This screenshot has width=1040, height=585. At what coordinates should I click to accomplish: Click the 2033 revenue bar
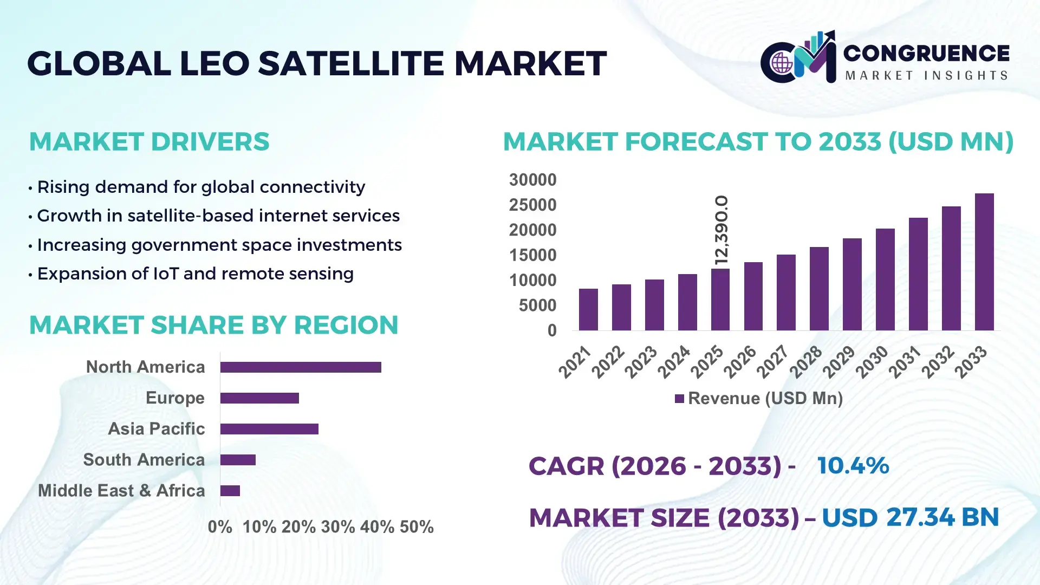[x=984, y=262]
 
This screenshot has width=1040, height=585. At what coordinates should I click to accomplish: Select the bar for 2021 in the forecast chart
[x=588, y=310]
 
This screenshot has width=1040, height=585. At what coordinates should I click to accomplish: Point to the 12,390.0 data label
[x=721, y=230]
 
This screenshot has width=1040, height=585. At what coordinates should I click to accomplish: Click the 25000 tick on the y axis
[x=532, y=205]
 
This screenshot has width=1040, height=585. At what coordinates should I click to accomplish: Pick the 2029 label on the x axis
[x=839, y=362]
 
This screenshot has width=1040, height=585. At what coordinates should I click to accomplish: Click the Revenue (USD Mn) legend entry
[x=758, y=399]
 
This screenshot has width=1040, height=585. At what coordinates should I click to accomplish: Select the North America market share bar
[x=301, y=367]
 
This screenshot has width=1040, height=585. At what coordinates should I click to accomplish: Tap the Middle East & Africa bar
[x=230, y=491]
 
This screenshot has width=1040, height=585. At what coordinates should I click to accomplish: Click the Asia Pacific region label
[x=156, y=429]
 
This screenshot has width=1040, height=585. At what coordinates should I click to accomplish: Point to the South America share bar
[x=238, y=460]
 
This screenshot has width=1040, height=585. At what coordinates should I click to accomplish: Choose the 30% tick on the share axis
[x=338, y=527]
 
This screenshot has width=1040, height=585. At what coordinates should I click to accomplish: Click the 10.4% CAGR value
[x=853, y=466]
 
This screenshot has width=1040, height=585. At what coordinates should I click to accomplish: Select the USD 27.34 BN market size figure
[x=910, y=517]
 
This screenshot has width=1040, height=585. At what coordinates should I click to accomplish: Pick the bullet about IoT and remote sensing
[x=195, y=274]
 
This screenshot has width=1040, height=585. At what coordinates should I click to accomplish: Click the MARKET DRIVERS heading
[x=149, y=142]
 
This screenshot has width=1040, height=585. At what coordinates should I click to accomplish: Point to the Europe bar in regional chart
[x=259, y=398]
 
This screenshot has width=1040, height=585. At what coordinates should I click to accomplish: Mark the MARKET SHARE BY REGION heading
[x=213, y=325]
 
